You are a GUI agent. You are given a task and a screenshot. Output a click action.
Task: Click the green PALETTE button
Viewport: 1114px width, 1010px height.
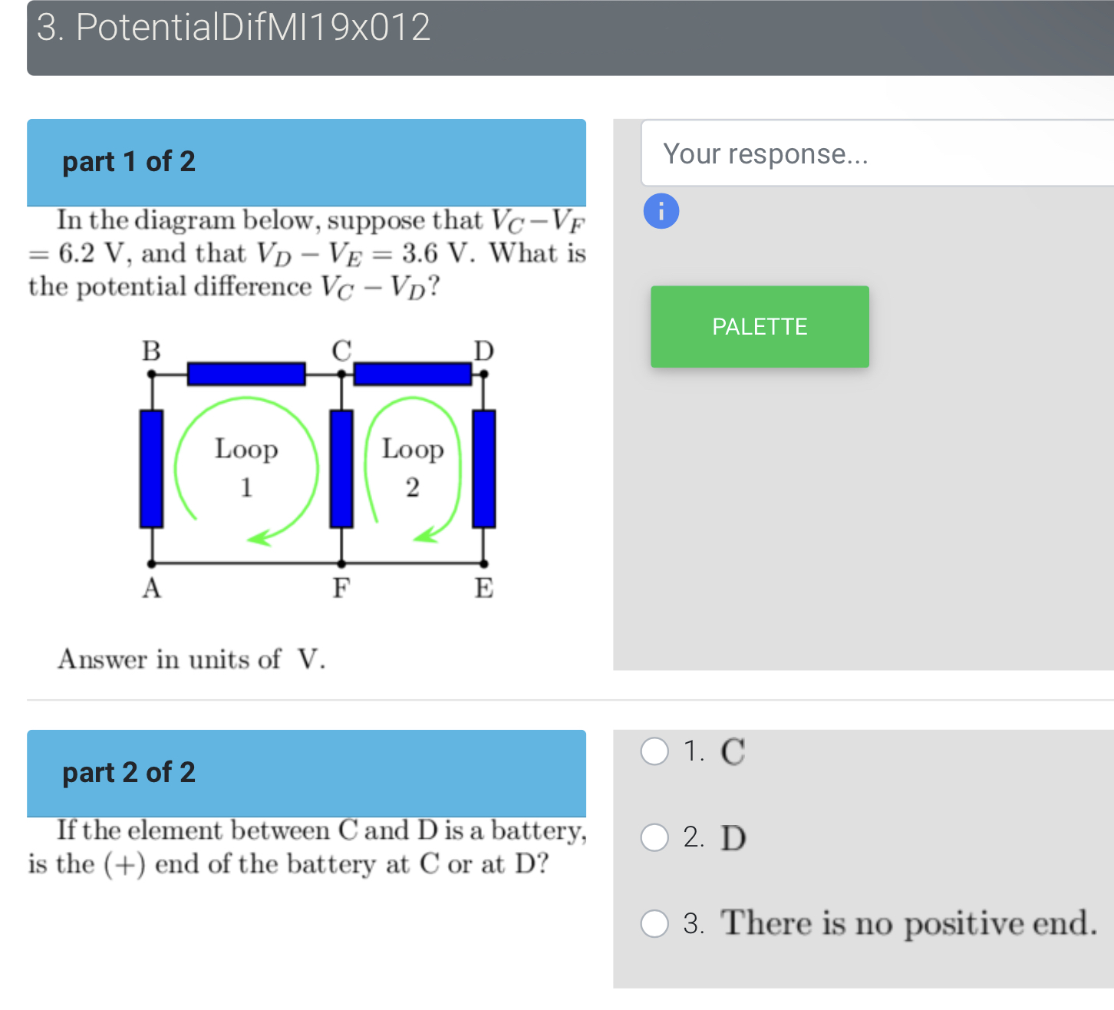coord(760,327)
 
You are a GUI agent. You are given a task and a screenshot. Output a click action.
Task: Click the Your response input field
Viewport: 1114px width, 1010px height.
coord(875,153)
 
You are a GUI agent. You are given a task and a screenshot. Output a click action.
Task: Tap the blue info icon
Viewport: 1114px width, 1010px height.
coord(661,211)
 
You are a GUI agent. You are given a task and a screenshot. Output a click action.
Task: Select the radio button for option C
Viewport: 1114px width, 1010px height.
coord(654,751)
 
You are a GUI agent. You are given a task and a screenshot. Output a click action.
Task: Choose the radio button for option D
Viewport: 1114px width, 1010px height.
coord(654,837)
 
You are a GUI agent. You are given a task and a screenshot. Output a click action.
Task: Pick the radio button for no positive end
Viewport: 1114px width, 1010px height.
coord(654,923)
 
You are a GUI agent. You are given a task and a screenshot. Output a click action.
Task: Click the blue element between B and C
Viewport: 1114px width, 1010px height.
coord(246,374)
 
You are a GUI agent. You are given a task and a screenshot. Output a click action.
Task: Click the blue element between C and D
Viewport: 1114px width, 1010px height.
coord(412,374)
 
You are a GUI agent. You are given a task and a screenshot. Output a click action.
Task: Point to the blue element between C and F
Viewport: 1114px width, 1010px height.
coord(341,469)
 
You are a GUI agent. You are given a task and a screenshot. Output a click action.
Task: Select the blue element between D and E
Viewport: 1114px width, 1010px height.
coord(483,469)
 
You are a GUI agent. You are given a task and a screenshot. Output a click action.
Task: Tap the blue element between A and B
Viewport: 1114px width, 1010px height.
coord(151,469)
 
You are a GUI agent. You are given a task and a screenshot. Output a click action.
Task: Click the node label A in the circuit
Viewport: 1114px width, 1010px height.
coord(151,588)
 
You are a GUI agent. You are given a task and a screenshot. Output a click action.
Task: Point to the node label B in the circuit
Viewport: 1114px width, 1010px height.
coord(151,351)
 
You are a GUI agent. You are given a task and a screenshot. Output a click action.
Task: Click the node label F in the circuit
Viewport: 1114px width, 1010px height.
coord(341,588)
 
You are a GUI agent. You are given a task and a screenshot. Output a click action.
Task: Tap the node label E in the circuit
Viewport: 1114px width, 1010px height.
coord(483,588)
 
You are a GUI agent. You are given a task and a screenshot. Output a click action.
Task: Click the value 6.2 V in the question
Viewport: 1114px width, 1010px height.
coord(91,253)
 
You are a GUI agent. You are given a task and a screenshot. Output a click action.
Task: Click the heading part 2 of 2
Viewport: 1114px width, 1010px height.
coord(129,772)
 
